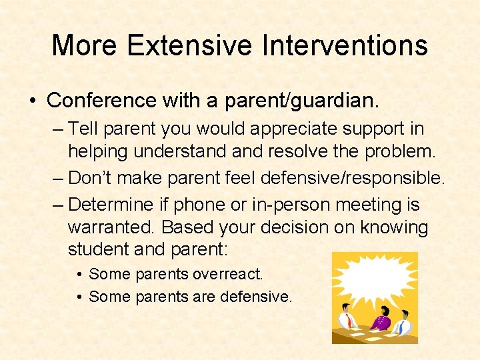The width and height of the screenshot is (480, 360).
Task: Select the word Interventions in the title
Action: (x=345, y=45)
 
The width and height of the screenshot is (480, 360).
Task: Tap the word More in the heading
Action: (x=85, y=45)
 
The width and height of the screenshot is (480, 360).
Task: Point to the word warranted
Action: (x=112, y=227)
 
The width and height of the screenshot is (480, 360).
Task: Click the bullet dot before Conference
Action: (x=32, y=101)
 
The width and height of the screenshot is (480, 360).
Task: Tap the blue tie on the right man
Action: (x=401, y=327)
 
